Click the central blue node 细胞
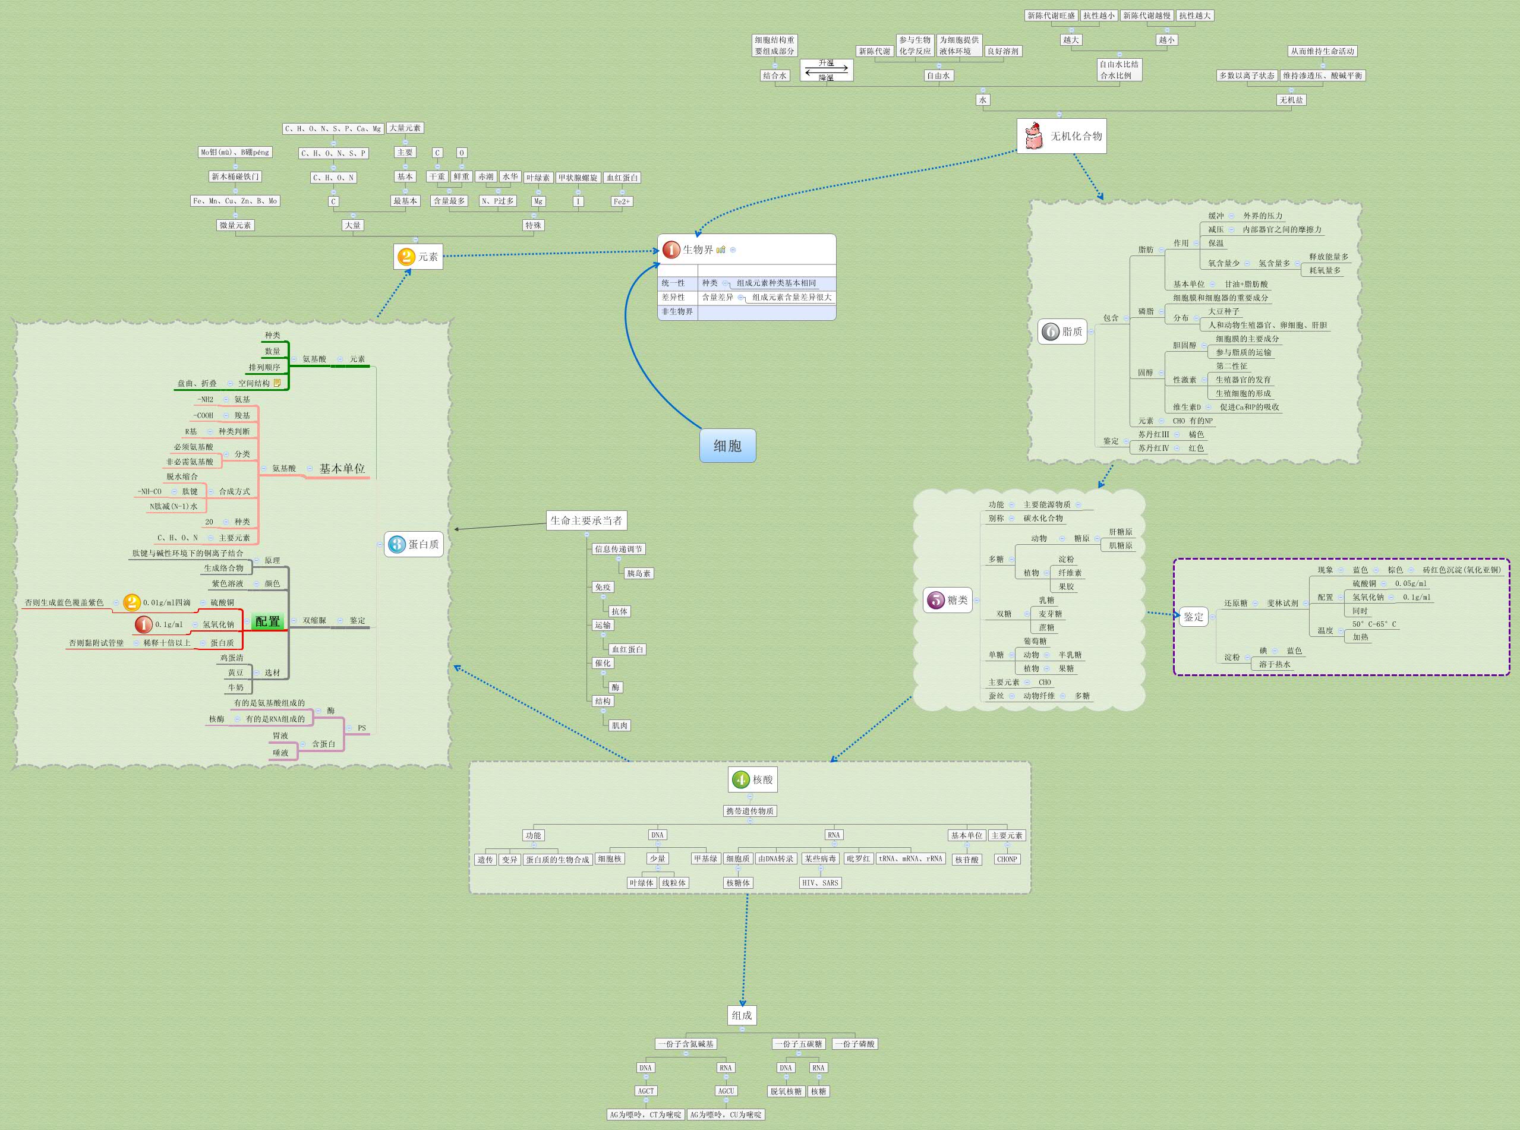point(727,446)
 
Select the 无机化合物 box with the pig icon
point(1061,136)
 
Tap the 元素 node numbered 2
point(418,257)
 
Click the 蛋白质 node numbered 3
point(414,544)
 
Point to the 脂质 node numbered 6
point(1062,332)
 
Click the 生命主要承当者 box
point(586,520)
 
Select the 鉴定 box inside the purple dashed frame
point(1194,616)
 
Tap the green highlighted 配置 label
point(267,621)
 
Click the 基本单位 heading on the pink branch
point(342,469)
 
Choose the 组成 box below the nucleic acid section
point(742,1015)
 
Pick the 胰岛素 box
point(639,573)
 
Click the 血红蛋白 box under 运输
point(627,649)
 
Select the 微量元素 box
point(235,225)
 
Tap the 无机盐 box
point(1291,100)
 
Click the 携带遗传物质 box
point(750,811)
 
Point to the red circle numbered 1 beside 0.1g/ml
point(144,624)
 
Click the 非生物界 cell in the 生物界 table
point(677,312)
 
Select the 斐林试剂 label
point(1282,603)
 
